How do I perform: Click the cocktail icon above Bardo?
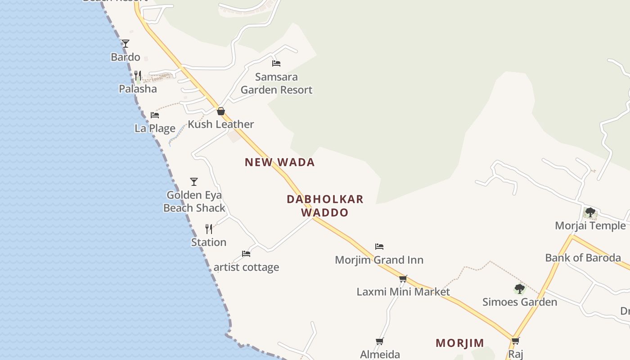point(126,44)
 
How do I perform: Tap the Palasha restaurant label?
point(138,89)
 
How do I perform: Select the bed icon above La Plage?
point(155,115)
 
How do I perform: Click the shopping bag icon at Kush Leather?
point(221,111)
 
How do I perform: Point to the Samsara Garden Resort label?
point(276,83)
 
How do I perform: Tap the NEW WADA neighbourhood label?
point(279,162)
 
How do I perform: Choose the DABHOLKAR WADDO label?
point(325,206)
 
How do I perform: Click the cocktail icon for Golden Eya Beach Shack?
point(194,182)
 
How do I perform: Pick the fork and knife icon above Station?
point(209,229)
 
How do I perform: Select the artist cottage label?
point(246,267)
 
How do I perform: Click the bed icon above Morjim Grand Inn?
point(379,247)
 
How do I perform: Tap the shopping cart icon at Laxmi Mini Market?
point(403,279)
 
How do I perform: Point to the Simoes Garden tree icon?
point(520,288)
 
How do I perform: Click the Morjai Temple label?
point(590,225)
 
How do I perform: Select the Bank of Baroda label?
point(583,258)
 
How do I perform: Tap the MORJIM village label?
point(460,343)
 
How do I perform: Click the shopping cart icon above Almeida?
point(380,342)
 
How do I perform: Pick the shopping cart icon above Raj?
point(516,341)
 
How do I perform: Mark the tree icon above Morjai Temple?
point(590,212)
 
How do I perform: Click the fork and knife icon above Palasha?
point(138,76)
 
